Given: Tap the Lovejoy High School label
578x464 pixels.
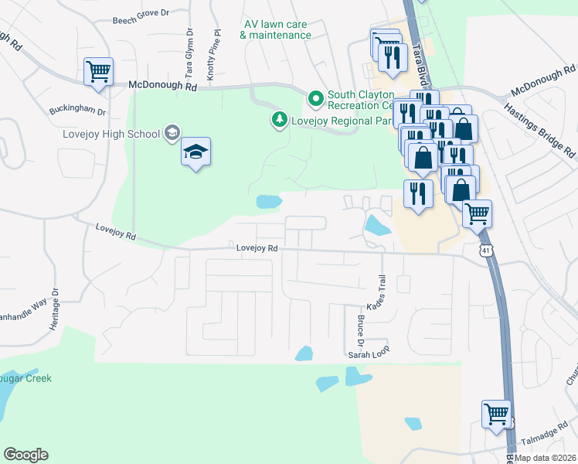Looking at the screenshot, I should pyautogui.click(x=112, y=133).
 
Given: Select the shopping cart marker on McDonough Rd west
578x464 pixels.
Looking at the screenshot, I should pyautogui.click(x=98, y=71).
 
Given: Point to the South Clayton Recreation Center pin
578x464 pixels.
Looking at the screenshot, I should pyautogui.click(x=315, y=99).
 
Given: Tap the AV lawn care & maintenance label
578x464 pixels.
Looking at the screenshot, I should pyautogui.click(x=276, y=29).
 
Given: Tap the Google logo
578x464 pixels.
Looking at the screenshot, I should pyautogui.click(x=25, y=455).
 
